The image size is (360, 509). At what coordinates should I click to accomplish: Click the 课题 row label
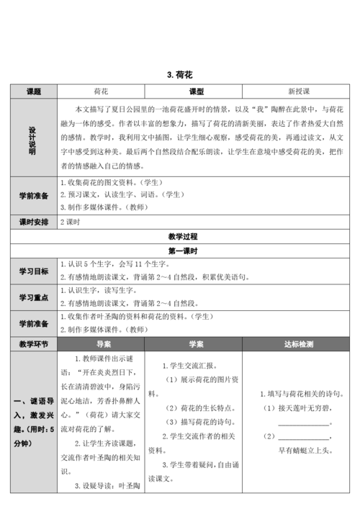[33, 92]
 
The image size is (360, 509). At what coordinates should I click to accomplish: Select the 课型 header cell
[196, 92]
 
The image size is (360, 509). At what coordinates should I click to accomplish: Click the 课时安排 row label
[33, 222]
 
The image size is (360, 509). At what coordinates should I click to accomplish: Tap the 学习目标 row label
[33, 271]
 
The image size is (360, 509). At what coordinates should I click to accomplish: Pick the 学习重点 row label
[33, 297]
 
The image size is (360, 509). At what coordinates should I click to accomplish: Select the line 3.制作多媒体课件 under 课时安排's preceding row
[116, 207]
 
